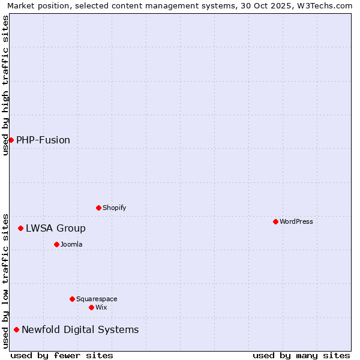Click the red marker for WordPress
tap(275, 221)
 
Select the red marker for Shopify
tap(98, 208)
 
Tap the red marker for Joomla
tap(56, 244)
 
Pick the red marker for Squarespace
tap(72, 299)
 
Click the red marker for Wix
tap(91, 307)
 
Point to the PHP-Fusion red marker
tap(11, 140)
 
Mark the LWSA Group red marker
tap(20, 228)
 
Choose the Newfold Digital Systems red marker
tap(16, 329)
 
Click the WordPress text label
tap(296, 221)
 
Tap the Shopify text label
tap(114, 208)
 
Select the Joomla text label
tap(71, 244)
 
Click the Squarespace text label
tap(97, 299)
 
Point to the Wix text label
tap(101, 307)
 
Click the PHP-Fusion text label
tap(43, 140)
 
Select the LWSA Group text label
tap(56, 228)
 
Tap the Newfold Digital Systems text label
tap(80, 329)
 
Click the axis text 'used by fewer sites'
tap(62, 355)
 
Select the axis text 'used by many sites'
tap(301, 355)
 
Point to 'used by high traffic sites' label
tap(5, 85)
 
